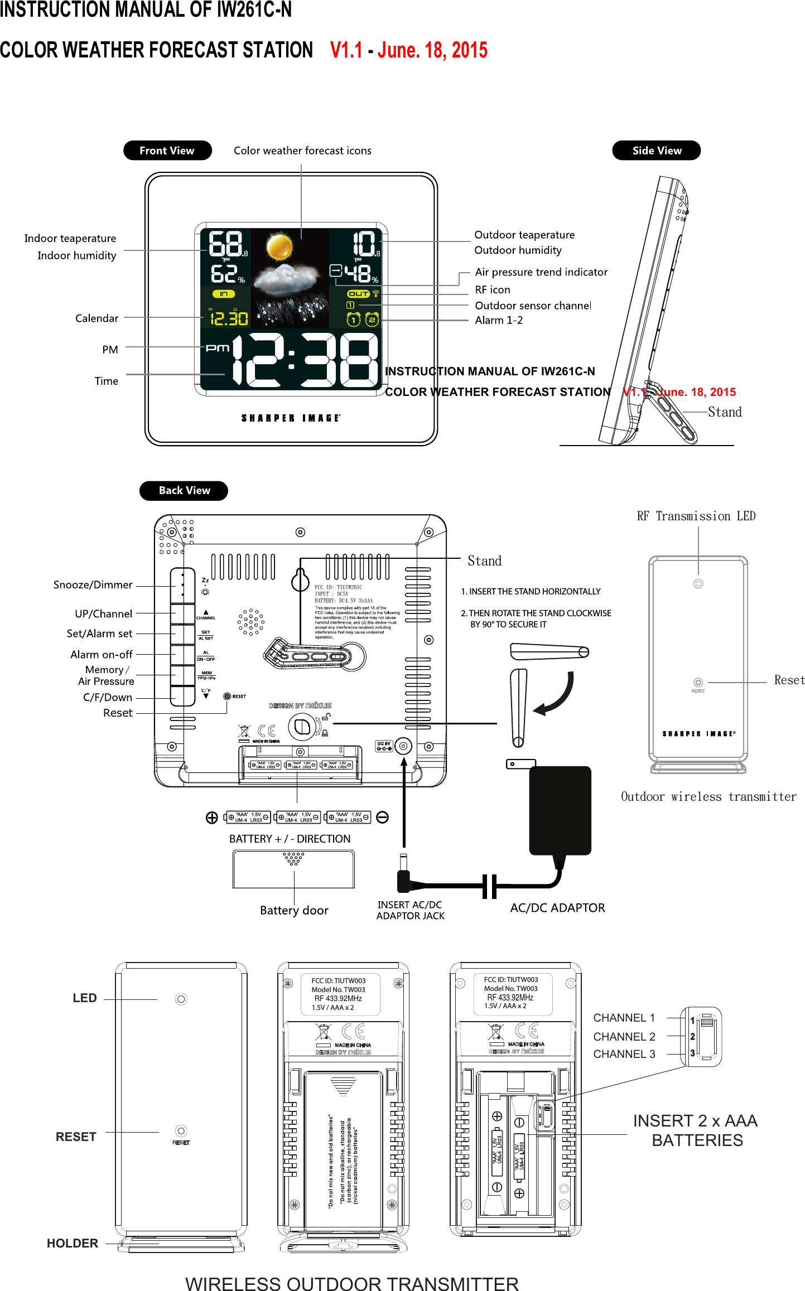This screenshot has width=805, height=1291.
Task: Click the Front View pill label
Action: point(167,151)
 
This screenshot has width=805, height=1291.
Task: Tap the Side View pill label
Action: point(656,151)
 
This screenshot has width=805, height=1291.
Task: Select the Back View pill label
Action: point(184,491)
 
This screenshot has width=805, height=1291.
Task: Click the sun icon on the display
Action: point(279,246)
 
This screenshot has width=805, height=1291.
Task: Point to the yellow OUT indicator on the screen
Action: point(358,294)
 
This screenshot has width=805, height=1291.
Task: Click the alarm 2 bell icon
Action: point(372,320)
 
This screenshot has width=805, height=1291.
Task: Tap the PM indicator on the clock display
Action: point(218,348)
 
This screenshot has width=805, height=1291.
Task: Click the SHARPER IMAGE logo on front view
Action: point(291,418)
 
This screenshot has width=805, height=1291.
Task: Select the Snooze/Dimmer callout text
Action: point(93,585)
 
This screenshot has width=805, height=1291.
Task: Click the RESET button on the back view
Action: point(227,697)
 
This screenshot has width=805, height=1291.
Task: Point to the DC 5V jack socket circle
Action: point(403,746)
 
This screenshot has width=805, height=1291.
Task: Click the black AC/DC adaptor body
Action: point(560,810)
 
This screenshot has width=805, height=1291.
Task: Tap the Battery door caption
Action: point(294,911)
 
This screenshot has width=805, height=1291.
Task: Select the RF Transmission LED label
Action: point(696,516)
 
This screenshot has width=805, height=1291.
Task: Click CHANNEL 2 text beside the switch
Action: point(624,1037)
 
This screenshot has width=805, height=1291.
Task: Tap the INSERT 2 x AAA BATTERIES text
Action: point(696,1130)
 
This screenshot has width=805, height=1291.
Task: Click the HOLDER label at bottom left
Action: point(73,1243)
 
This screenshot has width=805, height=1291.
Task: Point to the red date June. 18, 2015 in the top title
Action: point(432,50)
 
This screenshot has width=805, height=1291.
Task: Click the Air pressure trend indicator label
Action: point(541,272)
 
